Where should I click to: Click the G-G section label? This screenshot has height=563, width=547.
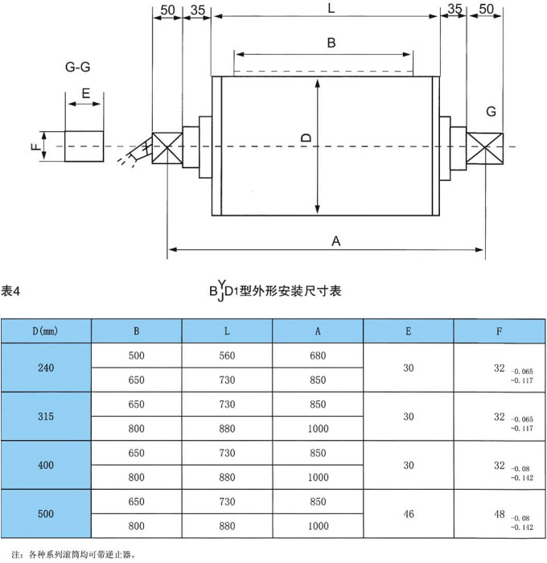(x=77, y=68)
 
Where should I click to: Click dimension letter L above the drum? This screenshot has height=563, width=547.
(x=331, y=9)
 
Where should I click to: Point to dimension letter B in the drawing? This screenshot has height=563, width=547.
(x=331, y=43)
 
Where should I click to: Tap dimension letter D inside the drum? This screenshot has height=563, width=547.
(x=306, y=138)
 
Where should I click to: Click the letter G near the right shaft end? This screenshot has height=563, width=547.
(x=491, y=110)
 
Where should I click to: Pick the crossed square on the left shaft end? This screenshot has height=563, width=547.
(x=167, y=148)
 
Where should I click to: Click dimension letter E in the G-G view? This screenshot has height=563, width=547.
(x=84, y=93)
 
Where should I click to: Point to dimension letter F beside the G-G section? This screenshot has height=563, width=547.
(x=35, y=146)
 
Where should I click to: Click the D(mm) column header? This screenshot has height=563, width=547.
(x=46, y=331)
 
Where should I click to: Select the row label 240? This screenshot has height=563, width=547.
(x=46, y=368)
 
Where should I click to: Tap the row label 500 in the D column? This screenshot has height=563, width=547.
(x=46, y=512)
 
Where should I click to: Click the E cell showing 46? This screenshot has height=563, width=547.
(x=409, y=512)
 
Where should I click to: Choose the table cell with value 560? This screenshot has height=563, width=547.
(x=227, y=355)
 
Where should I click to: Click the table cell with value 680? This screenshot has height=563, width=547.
(x=318, y=355)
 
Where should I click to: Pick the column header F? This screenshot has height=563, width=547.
(x=500, y=331)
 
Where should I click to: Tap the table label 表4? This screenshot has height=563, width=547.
(x=10, y=290)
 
